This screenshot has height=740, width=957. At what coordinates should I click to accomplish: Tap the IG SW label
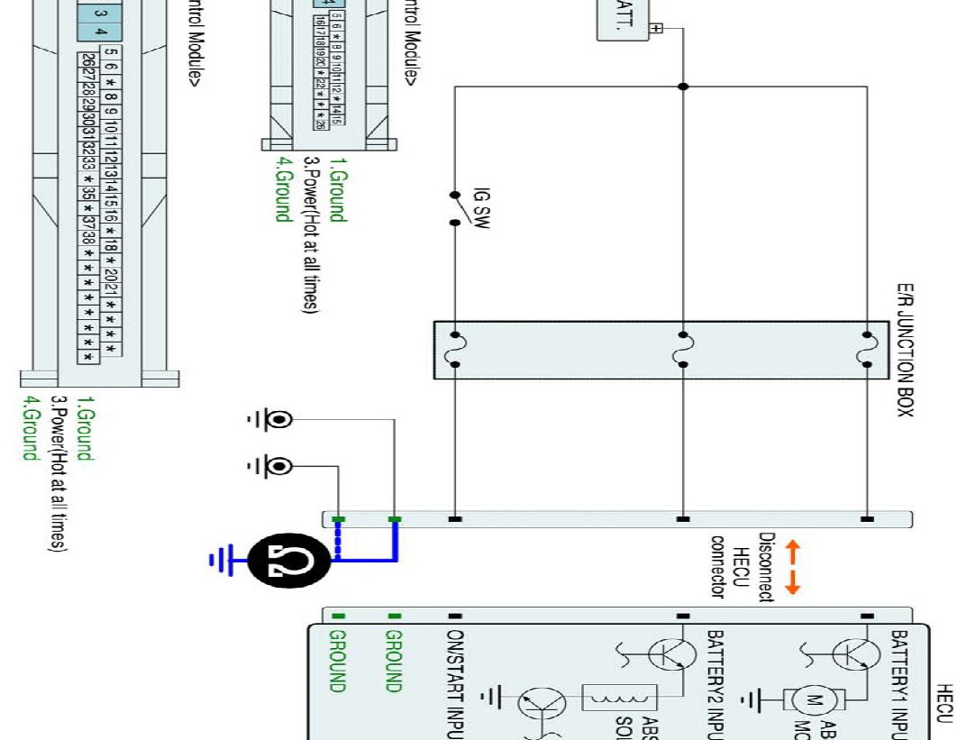coord(479,208)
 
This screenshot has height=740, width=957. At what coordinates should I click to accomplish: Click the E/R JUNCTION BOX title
coord(905,351)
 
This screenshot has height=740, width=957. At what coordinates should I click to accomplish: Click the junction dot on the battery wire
coord(683,87)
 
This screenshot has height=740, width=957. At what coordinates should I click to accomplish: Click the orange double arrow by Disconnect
coord(793,568)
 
